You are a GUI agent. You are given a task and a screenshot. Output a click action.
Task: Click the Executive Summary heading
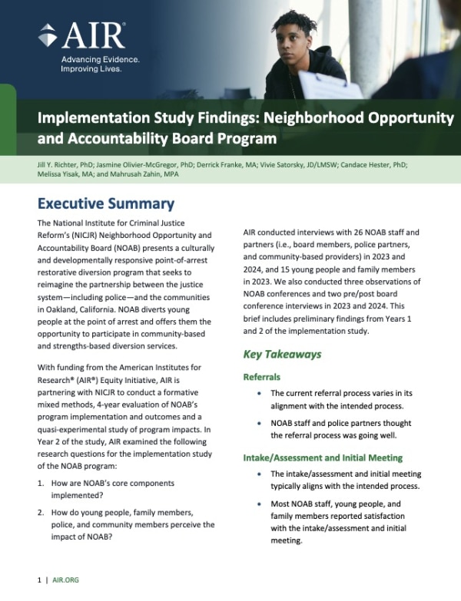pos(106,204)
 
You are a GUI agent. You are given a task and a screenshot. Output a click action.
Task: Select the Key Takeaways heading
pos(282,355)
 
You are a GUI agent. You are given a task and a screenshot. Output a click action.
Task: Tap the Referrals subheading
pos(263,378)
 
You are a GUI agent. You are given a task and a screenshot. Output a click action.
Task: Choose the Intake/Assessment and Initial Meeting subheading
pos(322,458)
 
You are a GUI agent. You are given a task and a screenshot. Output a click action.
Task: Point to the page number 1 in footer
pos(39,582)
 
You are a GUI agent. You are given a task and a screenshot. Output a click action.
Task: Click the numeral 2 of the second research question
pos(40,510)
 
